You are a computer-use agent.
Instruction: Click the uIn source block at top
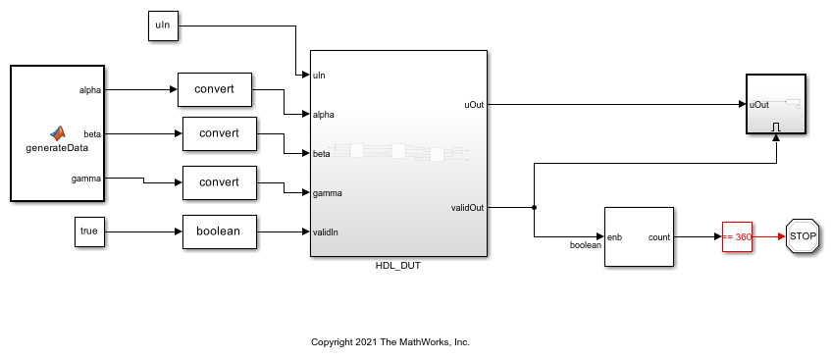click(x=163, y=26)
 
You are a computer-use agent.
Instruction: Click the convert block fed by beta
click(x=220, y=132)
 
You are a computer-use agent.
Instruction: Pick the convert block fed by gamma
click(x=220, y=182)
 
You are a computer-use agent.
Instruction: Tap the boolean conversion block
click(x=220, y=232)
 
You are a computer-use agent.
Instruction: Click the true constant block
click(x=89, y=232)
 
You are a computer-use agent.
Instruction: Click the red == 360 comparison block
click(x=736, y=236)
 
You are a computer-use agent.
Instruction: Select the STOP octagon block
click(x=803, y=236)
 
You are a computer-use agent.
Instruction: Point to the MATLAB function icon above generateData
click(x=58, y=132)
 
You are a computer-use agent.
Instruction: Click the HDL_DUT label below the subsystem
click(x=398, y=266)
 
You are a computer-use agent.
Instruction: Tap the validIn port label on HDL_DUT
click(x=327, y=232)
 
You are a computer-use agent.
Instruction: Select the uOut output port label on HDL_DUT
click(x=472, y=103)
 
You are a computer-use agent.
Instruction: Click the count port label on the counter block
click(x=658, y=236)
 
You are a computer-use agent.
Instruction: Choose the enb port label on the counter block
click(x=615, y=236)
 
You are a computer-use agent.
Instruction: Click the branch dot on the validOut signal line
click(x=534, y=207)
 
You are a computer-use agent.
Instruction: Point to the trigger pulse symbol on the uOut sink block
click(x=776, y=126)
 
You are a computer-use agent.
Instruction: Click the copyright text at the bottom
click(x=390, y=342)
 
